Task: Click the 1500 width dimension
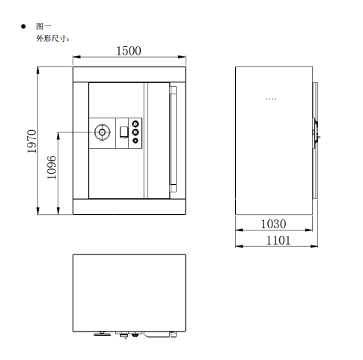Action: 129,51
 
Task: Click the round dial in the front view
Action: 102,132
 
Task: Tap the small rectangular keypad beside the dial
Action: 122,133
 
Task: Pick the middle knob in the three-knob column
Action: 135,132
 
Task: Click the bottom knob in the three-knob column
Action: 135,141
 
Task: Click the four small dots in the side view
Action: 271,98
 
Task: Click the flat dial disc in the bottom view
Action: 99,335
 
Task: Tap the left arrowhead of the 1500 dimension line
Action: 75,57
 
